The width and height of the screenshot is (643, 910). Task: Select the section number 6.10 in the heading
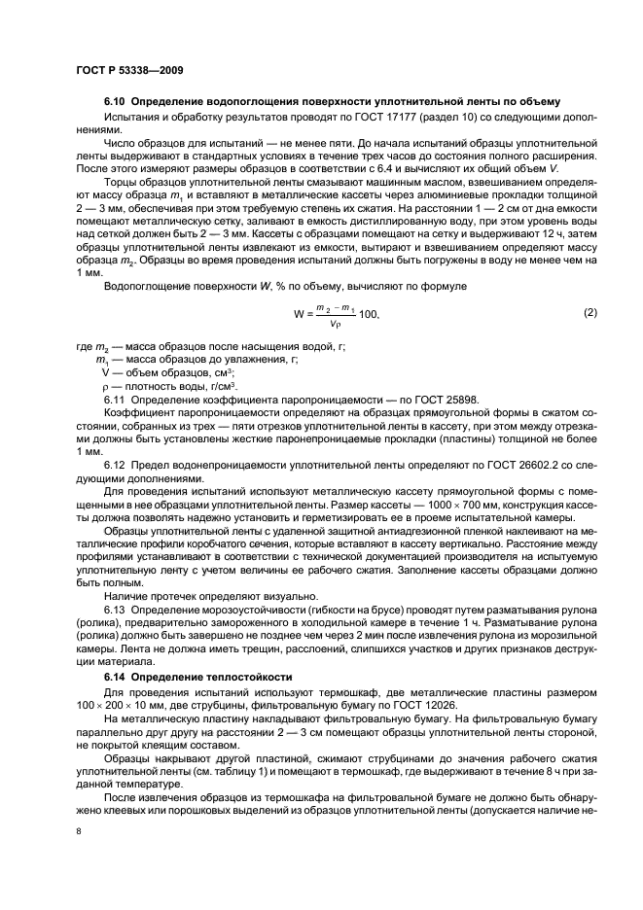(116, 102)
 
